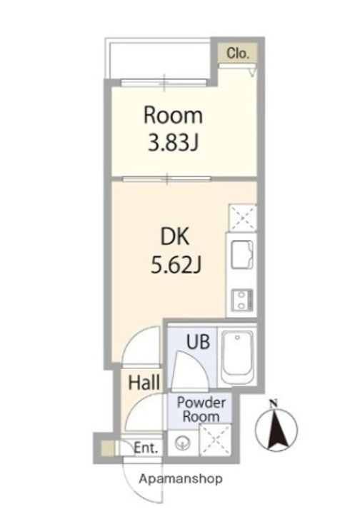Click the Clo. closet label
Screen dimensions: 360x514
pos(238,53)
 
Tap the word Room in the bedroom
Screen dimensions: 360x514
pos(173,116)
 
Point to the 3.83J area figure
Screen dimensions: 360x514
pos(173,143)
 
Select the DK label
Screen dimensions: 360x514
pos(175,236)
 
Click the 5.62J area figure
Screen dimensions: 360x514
pos(176,265)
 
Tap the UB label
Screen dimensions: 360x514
pos(198,342)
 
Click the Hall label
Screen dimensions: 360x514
pos(144,383)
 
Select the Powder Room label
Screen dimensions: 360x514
pos(201,410)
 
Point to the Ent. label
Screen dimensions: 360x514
pos(146,448)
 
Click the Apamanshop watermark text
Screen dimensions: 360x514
pos(181,479)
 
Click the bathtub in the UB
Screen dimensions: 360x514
pos(237,358)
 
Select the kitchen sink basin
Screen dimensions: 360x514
pos(241,255)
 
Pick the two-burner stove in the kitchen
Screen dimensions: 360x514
pos(242,300)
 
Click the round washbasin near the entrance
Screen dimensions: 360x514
pos(181,444)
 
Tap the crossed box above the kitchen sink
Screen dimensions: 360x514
pos(243,218)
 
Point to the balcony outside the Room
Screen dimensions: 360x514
pos(158,59)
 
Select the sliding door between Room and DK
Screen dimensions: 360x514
pos(166,178)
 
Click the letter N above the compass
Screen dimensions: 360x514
pos(273,403)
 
